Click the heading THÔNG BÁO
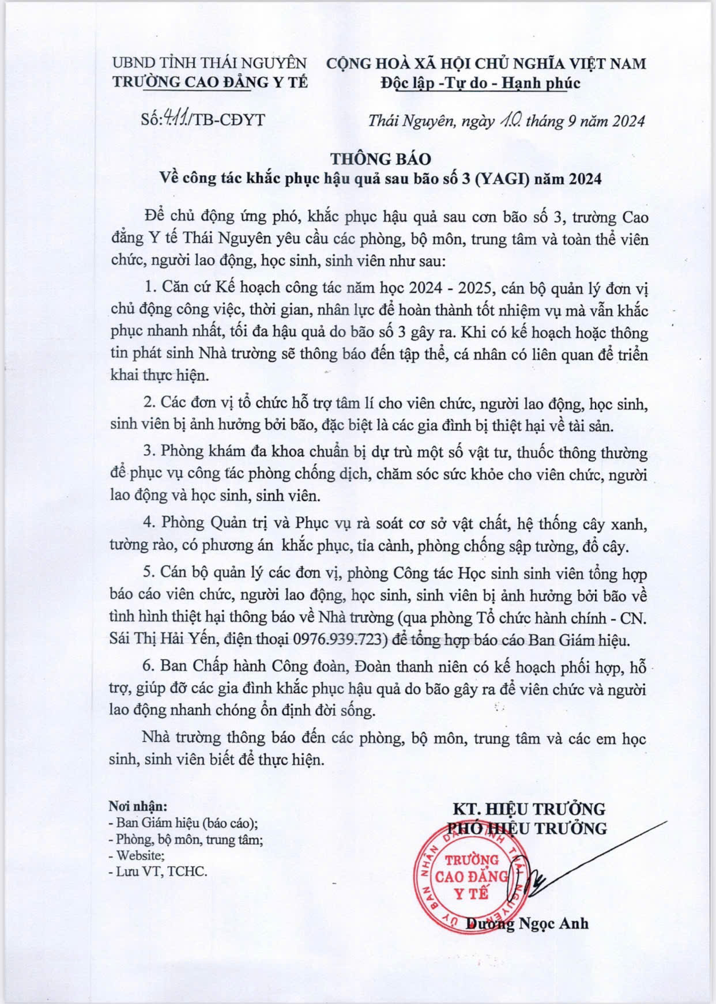[x=380, y=158]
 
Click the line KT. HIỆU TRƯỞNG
[x=528, y=808]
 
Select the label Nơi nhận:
[x=138, y=805]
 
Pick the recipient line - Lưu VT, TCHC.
[x=157, y=871]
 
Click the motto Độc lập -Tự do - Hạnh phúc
[x=480, y=83]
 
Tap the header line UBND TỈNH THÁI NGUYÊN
[x=209, y=62]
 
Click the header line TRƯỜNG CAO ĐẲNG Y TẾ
[x=210, y=82]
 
